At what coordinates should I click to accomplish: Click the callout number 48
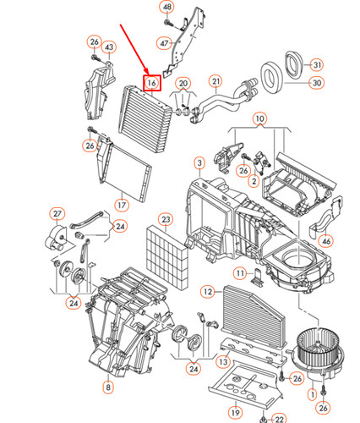tap(166, 7)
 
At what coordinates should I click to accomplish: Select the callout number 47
tap(164, 42)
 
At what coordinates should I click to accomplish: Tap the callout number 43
tap(109, 47)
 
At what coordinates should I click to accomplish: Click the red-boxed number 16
tap(152, 83)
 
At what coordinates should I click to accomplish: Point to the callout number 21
tap(215, 82)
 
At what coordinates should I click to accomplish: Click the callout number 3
tap(199, 162)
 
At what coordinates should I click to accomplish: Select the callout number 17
tap(122, 204)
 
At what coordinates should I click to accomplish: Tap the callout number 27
tap(57, 213)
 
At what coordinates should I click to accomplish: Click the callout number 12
tap(207, 291)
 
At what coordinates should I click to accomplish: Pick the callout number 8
tap(108, 387)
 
